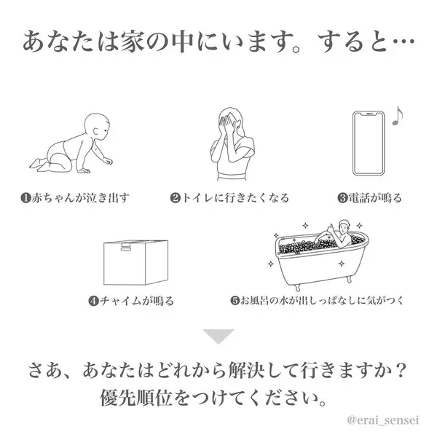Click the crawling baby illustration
click(x=71, y=143)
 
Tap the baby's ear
click(x=95, y=131)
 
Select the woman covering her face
click(x=232, y=143)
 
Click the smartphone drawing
click(x=369, y=143)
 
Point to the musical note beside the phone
click(x=398, y=116)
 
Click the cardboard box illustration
click(x=135, y=262)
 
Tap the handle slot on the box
click(x=127, y=246)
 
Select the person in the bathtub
click(x=338, y=234)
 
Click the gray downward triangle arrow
click(x=219, y=336)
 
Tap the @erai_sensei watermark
click(x=383, y=420)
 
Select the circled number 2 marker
click(x=176, y=198)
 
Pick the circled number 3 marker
click(x=342, y=198)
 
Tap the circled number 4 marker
click(x=94, y=301)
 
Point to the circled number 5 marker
click(x=235, y=301)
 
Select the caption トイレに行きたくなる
click(x=235, y=198)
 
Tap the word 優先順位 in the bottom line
click(x=135, y=398)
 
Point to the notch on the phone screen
click(x=369, y=114)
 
